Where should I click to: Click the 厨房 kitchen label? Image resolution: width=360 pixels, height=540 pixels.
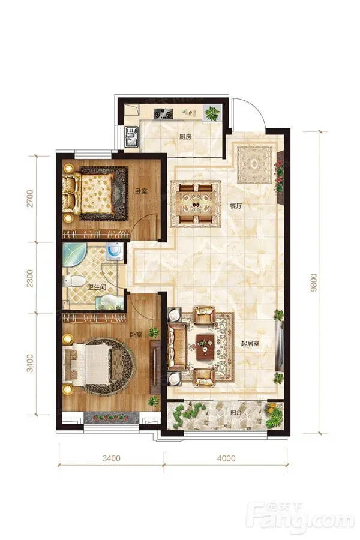[x=185, y=137]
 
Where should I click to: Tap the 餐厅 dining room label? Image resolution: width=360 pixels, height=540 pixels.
[x=236, y=206]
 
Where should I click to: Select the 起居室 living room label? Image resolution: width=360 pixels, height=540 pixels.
[x=250, y=343]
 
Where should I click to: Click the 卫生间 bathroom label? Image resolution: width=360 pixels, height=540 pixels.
[x=97, y=287]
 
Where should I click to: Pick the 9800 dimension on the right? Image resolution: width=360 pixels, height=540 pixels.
[x=313, y=283]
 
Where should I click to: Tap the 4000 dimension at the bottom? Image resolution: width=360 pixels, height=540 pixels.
[x=226, y=458]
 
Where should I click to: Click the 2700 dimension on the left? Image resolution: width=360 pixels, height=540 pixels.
[x=31, y=199]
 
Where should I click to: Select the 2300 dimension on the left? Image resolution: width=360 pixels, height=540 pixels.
[x=31, y=278]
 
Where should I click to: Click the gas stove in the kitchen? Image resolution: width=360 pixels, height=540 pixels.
[x=163, y=113]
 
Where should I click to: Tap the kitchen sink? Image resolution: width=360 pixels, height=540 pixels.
[x=131, y=137]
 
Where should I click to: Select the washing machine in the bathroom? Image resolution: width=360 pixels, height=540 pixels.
[x=114, y=251]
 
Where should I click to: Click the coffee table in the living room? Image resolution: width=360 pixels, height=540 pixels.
[x=205, y=347]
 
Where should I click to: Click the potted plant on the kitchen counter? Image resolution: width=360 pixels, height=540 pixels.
[x=212, y=113]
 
